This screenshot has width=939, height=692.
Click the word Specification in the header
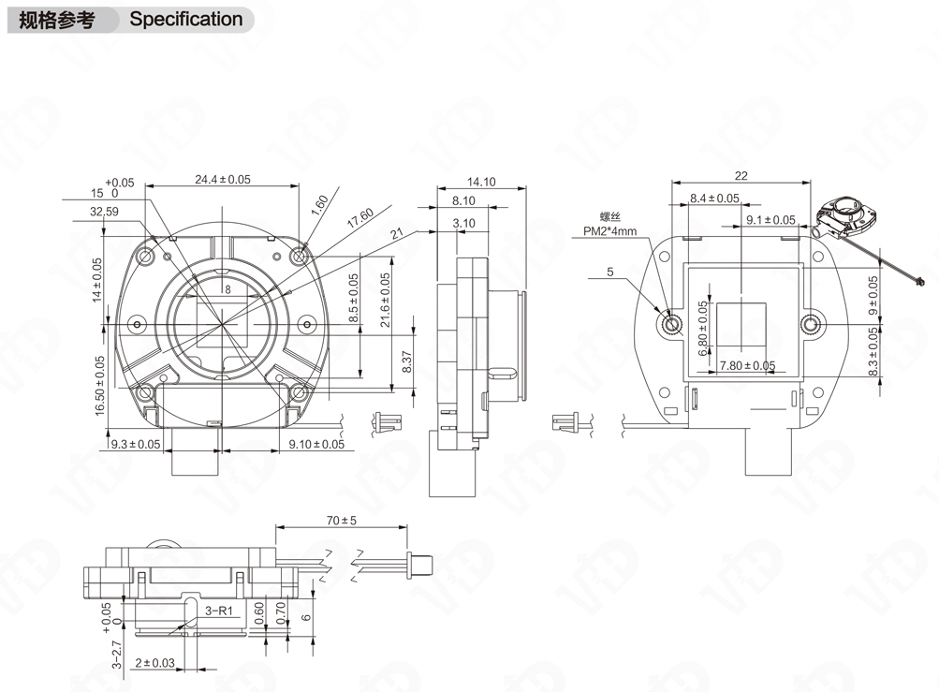pyautogui.click(x=185, y=20)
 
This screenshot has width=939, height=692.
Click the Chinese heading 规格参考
pyautogui.click(x=57, y=20)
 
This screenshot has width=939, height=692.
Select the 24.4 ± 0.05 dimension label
pyautogui.click(x=223, y=179)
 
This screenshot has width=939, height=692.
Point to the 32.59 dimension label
pyautogui.click(x=104, y=213)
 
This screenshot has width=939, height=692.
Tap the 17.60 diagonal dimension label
pyautogui.click(x=359, y=217)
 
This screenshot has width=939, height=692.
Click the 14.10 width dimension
pyautogui.click(x=480, y=183)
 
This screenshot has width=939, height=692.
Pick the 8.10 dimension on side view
pyautogui.click(x=463, y=200)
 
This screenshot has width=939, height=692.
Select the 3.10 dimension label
pyautogui.click(x=463, y=223)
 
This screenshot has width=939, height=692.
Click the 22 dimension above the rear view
pyautogui.click(x=741, y=175)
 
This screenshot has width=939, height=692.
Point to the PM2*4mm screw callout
pyautogui.click(x=609, y=230)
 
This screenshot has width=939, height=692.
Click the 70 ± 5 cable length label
pyautogui.click(x=342, y=521)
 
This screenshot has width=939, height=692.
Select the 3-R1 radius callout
pyautogui.click(x=218, y=611)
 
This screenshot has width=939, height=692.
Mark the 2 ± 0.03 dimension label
pyautogui.click(x=154, y=663)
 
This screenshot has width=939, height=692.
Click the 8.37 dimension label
pyautogui.click(x=406, y=361)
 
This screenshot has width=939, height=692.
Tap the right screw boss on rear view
pyautogui.click(x=812, y=325)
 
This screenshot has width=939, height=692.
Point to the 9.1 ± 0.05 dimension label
pyautogui.click(x=770, y=220)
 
